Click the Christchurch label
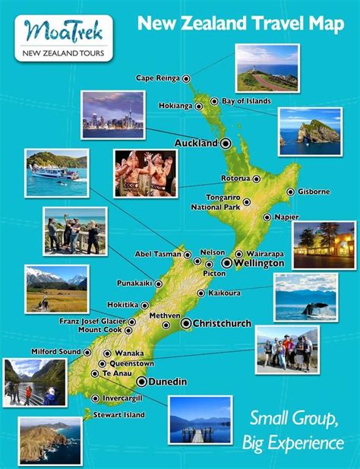222,324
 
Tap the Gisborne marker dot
290,192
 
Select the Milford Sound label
55,352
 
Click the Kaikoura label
225,293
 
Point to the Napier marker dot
267,217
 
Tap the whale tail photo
305,297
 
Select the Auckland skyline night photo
112,115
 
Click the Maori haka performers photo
145,173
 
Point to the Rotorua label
234,179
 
